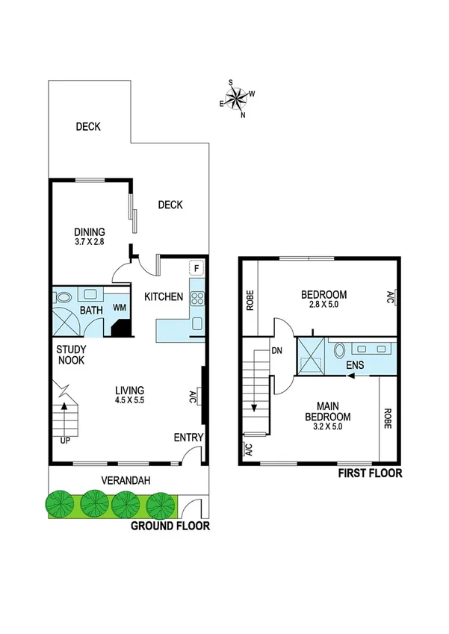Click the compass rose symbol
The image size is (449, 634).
click(x=238, y=99)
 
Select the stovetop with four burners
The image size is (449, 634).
click(x=197, y=299)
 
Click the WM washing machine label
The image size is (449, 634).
click(x=119, y=308)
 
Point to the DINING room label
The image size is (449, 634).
click(x=89, y=232)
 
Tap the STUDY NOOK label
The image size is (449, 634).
click(x=71, y=354)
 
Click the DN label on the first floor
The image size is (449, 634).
click(x=276, y=350)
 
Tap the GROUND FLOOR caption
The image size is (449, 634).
click(x=170, y=526)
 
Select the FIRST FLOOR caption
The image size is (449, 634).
click(x=370, y=473)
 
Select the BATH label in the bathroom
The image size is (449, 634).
click(x=91, y=310)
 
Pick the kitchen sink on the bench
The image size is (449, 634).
click(x=197, y=323)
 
